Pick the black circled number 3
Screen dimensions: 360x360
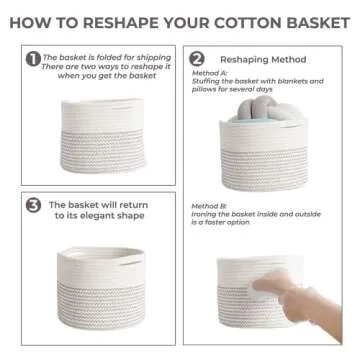pos(33,207)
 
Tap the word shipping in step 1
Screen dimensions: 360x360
pos(153,57)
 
